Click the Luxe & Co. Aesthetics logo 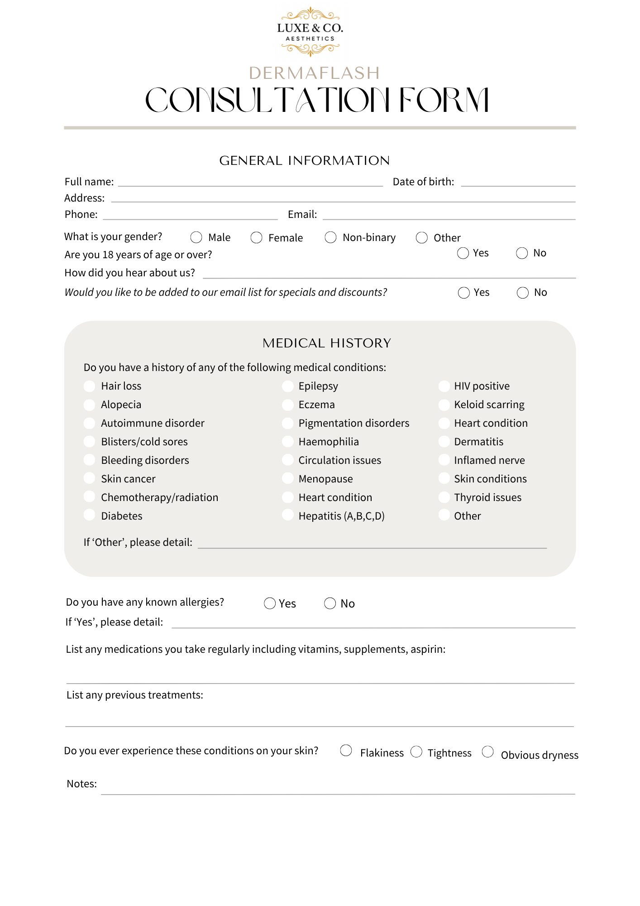point(310,32)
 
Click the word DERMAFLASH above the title point(314,73)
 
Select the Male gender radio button point(196,237)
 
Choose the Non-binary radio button point(330,237)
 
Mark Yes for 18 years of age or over point(463,253)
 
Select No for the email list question point(522,293)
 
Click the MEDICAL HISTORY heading point(327,343)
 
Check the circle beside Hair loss point(90,386)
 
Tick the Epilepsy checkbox point(287,386)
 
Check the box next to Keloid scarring point(444,405)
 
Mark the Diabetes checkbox point(90,515)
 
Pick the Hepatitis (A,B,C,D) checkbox point(287,515)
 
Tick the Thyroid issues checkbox point(444,497)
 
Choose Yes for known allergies point(270,603)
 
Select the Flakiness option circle point(346,751)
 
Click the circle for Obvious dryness point(487,752)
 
